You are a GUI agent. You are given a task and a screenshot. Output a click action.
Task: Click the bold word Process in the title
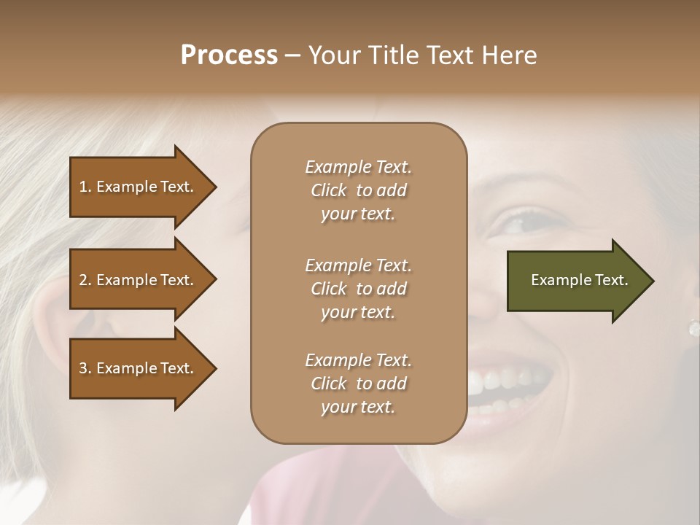(229, 55)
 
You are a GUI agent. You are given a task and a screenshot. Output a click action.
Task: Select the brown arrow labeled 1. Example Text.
(139, 187)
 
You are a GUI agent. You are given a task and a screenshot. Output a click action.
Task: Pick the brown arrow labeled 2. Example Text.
(139, 280)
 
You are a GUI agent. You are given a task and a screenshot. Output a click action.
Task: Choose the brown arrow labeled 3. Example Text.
(139, 368)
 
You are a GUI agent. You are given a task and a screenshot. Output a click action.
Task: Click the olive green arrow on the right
(576, 280)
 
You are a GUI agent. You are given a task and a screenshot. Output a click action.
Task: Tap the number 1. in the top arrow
(85, 187)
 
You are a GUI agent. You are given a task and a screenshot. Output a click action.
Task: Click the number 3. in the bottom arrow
(85, 368)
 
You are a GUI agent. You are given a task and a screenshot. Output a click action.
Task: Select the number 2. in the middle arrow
(85, 280)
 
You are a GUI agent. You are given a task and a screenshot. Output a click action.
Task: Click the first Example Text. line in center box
(358, 167)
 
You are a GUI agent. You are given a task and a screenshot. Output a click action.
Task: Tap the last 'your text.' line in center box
(358, 407)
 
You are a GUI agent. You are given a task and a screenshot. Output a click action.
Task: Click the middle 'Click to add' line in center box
(358, 289)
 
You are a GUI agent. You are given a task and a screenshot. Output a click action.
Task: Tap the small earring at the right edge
(693, 328)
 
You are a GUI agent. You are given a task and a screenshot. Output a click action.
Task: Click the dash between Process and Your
(293, 55)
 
